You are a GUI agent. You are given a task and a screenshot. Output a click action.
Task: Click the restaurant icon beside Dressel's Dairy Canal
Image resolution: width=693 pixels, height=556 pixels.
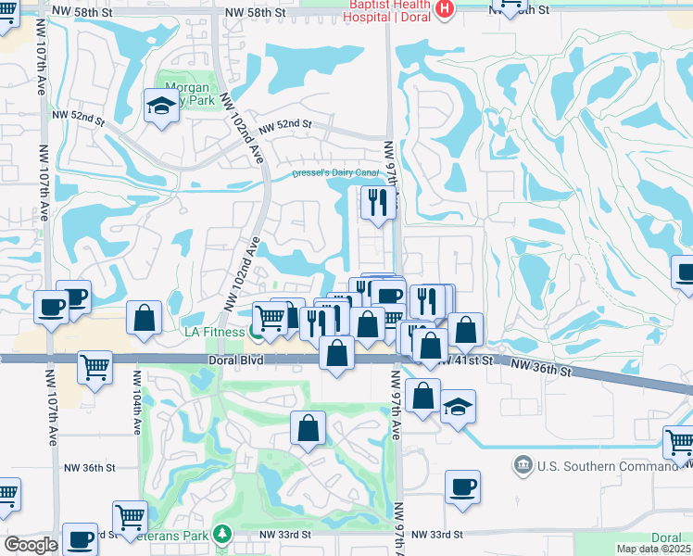tap(378, 202)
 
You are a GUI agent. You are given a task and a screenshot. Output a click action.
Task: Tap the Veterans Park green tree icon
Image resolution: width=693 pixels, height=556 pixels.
tap(221, 534)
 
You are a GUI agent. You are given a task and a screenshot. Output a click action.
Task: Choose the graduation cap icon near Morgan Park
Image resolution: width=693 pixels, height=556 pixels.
tap(161, 105)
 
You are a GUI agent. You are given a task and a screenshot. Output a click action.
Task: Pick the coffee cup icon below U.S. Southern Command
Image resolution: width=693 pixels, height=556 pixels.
tap(462, 486)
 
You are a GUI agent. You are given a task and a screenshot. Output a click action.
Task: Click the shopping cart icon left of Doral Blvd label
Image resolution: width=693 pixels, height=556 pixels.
tap(94, 367)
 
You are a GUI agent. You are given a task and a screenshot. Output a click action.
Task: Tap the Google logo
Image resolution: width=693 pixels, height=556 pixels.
tap(31, 545)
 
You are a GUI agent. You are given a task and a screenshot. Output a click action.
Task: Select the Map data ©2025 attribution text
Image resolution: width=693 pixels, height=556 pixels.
tap(654, 548)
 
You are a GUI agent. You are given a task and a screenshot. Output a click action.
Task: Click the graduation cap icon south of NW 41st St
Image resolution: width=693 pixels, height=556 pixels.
tap(457, 407)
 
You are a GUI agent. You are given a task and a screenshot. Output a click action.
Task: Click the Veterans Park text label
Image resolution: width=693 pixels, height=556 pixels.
tap(181, 534)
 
